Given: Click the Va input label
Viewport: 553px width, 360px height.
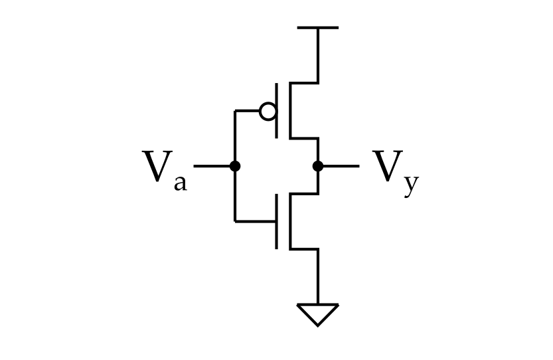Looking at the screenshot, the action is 165,171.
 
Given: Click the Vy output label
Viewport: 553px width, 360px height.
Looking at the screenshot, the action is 396,173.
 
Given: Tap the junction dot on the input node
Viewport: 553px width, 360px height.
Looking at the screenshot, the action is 235,166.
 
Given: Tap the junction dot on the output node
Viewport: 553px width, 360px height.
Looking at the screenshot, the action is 318,166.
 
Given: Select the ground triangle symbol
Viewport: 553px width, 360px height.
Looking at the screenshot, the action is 318,314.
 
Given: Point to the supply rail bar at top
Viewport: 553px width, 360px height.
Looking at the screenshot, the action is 318,27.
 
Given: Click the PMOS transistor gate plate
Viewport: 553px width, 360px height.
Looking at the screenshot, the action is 276,111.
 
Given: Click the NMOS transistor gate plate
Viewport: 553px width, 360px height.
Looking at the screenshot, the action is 276,221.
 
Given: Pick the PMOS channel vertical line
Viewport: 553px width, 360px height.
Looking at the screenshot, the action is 290,111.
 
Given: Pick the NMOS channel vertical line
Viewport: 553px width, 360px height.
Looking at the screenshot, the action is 290,221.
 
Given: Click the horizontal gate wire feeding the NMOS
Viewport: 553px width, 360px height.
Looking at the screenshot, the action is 255,221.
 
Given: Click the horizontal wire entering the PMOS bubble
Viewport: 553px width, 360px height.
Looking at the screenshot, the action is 246,111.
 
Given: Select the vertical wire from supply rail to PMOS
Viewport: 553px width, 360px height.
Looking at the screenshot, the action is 318,55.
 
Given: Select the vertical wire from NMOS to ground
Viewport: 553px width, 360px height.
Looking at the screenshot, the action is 318,276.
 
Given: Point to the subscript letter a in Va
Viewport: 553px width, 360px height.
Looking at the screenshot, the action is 180,183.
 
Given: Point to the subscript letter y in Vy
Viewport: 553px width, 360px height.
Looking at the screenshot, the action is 412,185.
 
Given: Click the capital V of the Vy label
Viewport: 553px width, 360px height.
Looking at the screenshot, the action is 388,166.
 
